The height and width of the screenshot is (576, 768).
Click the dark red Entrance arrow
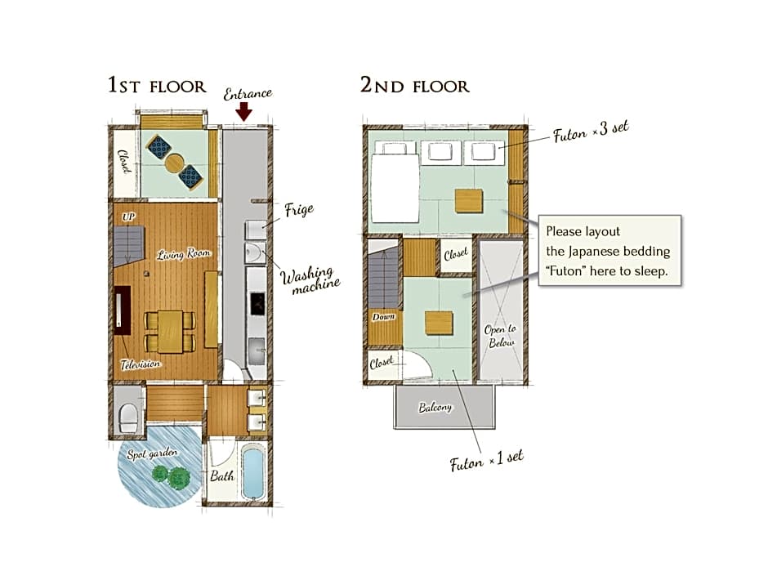pos(243,113)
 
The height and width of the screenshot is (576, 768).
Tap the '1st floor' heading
pos(157,85)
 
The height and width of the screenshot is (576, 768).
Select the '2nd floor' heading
pos(414,85)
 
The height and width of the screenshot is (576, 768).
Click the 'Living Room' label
pos(184,254)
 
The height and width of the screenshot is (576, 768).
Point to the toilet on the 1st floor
pos(128,417)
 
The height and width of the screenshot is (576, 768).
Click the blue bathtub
pos(253,473)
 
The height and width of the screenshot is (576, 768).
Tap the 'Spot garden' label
pos(152,453)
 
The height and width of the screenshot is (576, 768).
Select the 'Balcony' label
pos(435,407)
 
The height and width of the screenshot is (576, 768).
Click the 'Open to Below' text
pos(500,336)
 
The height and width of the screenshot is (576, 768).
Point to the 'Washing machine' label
pos(310,280)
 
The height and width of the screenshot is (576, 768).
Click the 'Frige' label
pos(299,210)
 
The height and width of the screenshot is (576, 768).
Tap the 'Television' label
pos(140,364)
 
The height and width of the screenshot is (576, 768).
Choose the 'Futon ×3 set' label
pos(591,132)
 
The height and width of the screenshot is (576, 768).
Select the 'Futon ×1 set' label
pos(486,461)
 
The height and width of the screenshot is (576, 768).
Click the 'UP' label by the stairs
pos(128,217)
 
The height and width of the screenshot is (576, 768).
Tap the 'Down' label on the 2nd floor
pos(383,317)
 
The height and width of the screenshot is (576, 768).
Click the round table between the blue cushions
pos(174,163)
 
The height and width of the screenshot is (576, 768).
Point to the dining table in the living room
pos(170,331)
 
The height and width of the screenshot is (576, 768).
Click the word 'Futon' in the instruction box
pos(565,271)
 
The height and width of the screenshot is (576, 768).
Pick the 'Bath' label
pos(222,476)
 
